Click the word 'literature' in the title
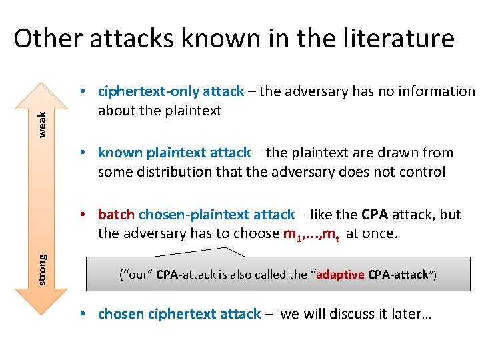point(397,39)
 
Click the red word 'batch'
point(116,214)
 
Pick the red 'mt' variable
point(332,234)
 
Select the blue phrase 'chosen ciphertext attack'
point(179,313)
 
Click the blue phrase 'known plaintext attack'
point(174,153)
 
